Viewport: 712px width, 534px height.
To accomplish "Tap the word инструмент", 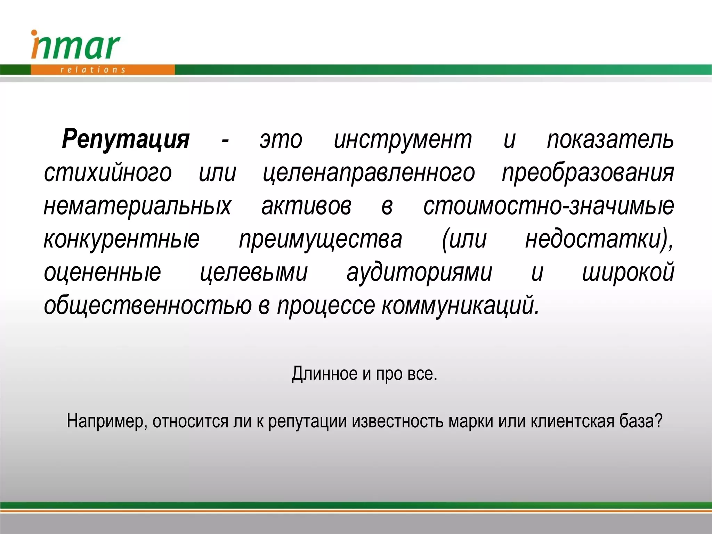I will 403,140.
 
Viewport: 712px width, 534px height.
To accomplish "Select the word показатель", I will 610,140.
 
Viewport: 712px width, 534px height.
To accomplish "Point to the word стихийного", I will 108,173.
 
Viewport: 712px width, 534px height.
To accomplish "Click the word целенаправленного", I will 369,173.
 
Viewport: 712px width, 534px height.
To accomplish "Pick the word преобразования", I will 588,173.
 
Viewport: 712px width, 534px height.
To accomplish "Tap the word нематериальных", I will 137,206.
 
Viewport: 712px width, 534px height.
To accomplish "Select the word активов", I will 306,206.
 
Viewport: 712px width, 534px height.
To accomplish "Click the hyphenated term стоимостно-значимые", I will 548,206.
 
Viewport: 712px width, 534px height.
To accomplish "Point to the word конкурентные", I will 122,239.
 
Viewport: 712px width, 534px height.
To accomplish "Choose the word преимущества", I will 320,239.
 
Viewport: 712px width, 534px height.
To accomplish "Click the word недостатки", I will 596,239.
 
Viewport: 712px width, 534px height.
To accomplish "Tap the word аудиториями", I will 419,273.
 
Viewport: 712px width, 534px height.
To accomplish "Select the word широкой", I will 628,273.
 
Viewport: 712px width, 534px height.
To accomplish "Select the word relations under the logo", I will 92,70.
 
